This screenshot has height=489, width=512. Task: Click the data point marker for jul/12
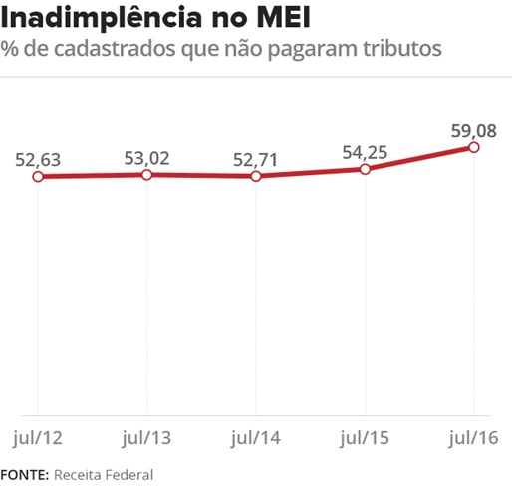38,177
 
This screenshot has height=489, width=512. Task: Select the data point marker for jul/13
146,175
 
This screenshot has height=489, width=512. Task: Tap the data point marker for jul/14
256,176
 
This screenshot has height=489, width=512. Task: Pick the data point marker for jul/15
365,169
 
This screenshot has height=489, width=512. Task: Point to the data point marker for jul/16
473,147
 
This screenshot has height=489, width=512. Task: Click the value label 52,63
39,159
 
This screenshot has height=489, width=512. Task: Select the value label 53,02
147,157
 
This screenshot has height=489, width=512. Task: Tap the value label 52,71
256,158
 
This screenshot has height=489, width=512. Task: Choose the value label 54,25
364,151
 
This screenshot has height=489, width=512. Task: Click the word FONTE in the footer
23,474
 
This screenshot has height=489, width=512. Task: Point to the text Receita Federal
104,474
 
